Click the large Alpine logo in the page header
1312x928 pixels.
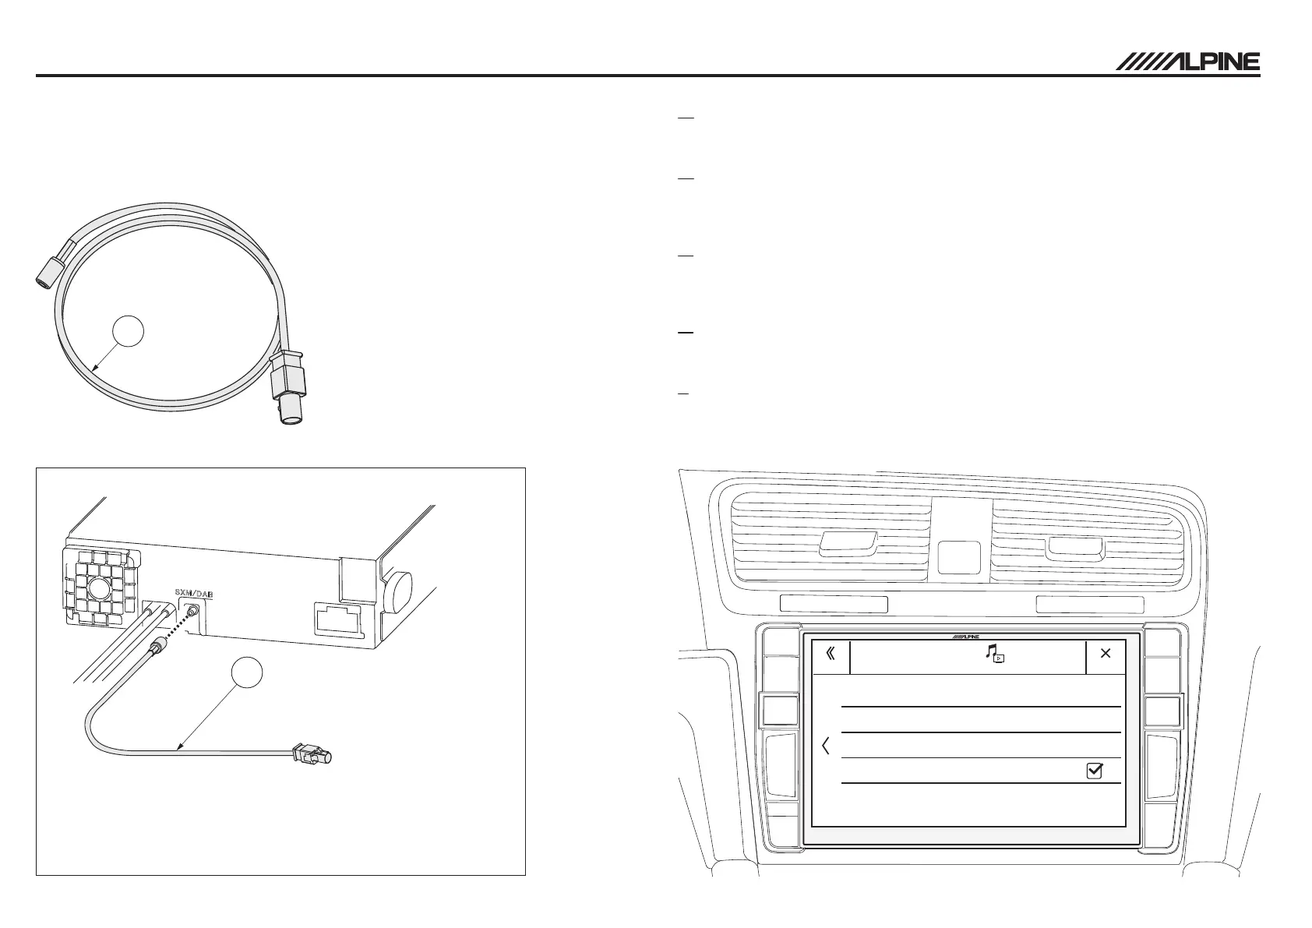1187,62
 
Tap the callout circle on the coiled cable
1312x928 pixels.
129,332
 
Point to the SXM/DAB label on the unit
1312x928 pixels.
193,594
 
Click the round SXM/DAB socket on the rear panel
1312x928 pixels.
191,613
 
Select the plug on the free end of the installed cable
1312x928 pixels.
311,754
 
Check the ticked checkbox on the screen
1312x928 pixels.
1095,771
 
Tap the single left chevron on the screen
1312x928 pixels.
826,746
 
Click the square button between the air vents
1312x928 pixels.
960,558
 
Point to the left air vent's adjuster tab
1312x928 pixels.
848,543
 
